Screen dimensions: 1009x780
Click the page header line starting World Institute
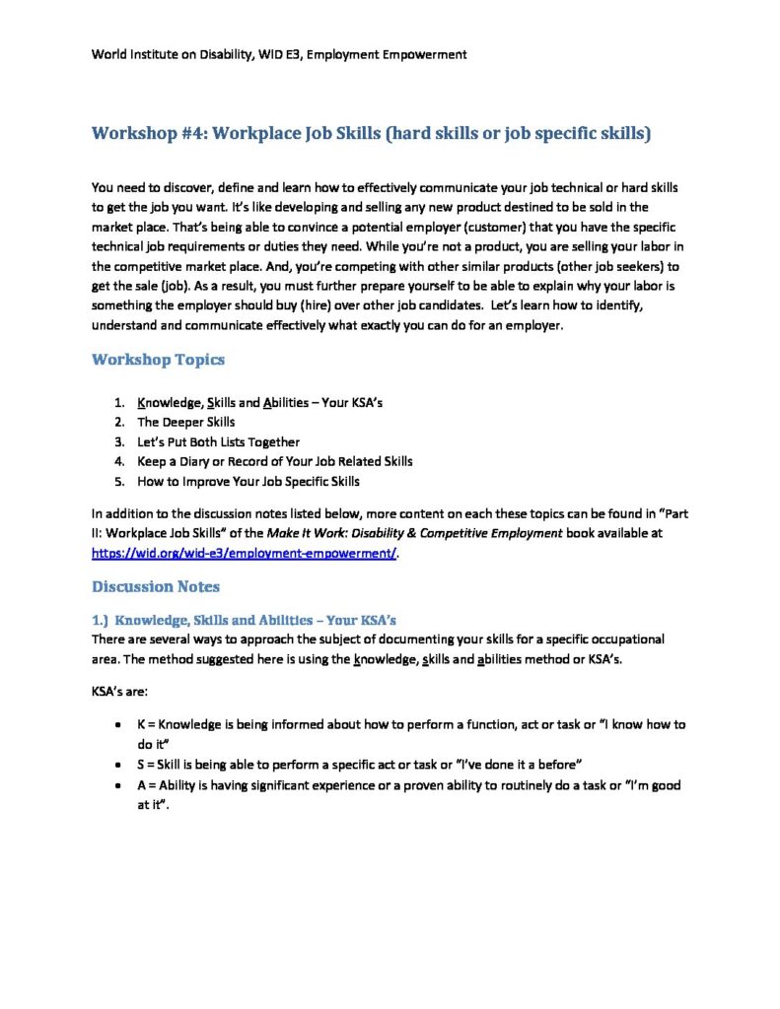click(279, 54)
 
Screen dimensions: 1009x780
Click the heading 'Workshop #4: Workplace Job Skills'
click(371, 134)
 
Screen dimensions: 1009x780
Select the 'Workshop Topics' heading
click(158, 360)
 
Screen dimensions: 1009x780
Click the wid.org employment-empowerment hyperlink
click(244, 554)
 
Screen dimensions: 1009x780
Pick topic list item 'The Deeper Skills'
click(185, 423)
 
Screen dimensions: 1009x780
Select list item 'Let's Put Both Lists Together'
click(218, 442)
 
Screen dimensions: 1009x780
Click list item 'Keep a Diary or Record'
click(274, 461)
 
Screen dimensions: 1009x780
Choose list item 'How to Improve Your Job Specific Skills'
click(248, 482)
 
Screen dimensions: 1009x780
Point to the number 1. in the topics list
click(118, 403)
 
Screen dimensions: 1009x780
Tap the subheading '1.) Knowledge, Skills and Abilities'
click(244, 620)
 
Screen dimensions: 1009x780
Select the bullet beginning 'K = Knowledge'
click(411, 725)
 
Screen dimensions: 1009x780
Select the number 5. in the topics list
click(118, 482)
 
